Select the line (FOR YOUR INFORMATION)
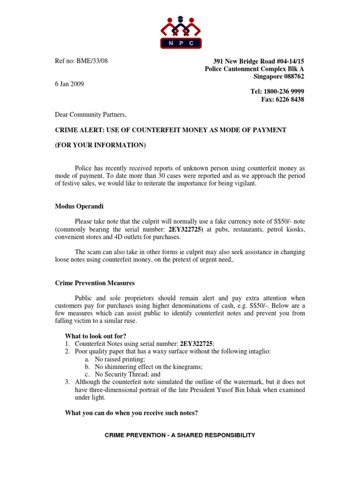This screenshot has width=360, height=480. [101, 145]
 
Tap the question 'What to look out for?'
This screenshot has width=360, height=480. [95, 336]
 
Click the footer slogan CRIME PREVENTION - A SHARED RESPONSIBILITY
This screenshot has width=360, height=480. [180, 435]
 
